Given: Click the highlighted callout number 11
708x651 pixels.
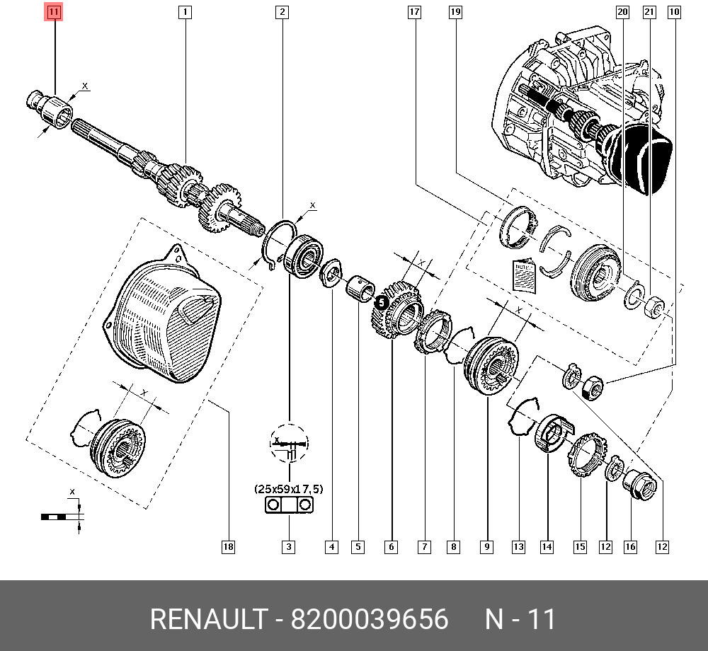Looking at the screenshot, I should (x=55, y=12).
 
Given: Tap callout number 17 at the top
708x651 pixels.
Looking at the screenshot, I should (x=414, y=12).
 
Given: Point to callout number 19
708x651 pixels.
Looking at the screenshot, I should (x=455, y=12).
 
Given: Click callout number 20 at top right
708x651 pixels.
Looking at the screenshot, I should (x=622, y=12).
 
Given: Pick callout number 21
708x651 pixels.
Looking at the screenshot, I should (x=649, y=12).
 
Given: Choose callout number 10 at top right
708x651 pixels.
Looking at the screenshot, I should (x=673, y=12).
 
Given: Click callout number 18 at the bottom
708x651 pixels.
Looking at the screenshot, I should (x=227, y=546).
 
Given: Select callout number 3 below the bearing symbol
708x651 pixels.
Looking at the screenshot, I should (x=289, y=546).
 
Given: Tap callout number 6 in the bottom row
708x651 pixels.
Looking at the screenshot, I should (x=391, y=546).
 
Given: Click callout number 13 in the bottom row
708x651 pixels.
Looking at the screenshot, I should (x=518, y=546).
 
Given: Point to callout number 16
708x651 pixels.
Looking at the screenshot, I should (x=630, y=546).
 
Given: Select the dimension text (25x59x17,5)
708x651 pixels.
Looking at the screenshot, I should (x=288, y=489).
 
